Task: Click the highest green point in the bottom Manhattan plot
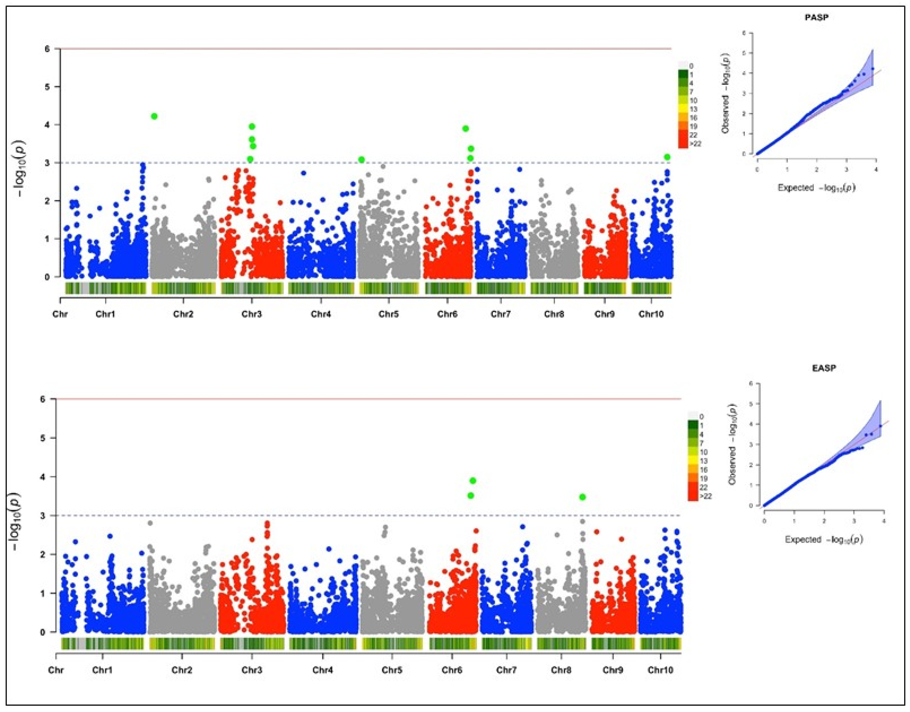[472, 481]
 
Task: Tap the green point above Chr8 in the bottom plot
[582, 497]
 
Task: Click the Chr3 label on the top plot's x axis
[252, 314]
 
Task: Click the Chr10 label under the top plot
[651, 314]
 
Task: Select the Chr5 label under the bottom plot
[392, 670]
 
